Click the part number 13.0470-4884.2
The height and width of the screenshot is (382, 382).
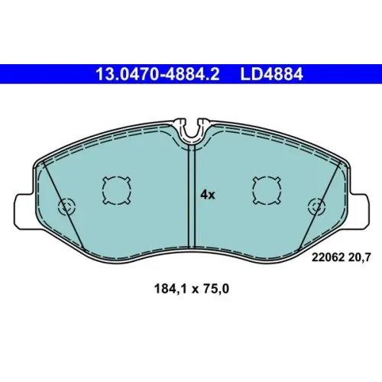(x=157, y=74)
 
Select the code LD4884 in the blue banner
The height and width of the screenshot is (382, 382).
(x=271, y=74)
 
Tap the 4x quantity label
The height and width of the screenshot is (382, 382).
(x=208, y=195)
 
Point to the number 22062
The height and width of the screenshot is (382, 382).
(x=328, y=257)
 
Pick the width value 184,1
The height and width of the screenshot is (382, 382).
(x=170, y=289)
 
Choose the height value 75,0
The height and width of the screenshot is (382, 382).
(x=216, y=289)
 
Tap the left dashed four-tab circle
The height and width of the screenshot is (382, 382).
(x=117, y=190)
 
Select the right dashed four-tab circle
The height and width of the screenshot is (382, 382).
(x=267, y=190)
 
